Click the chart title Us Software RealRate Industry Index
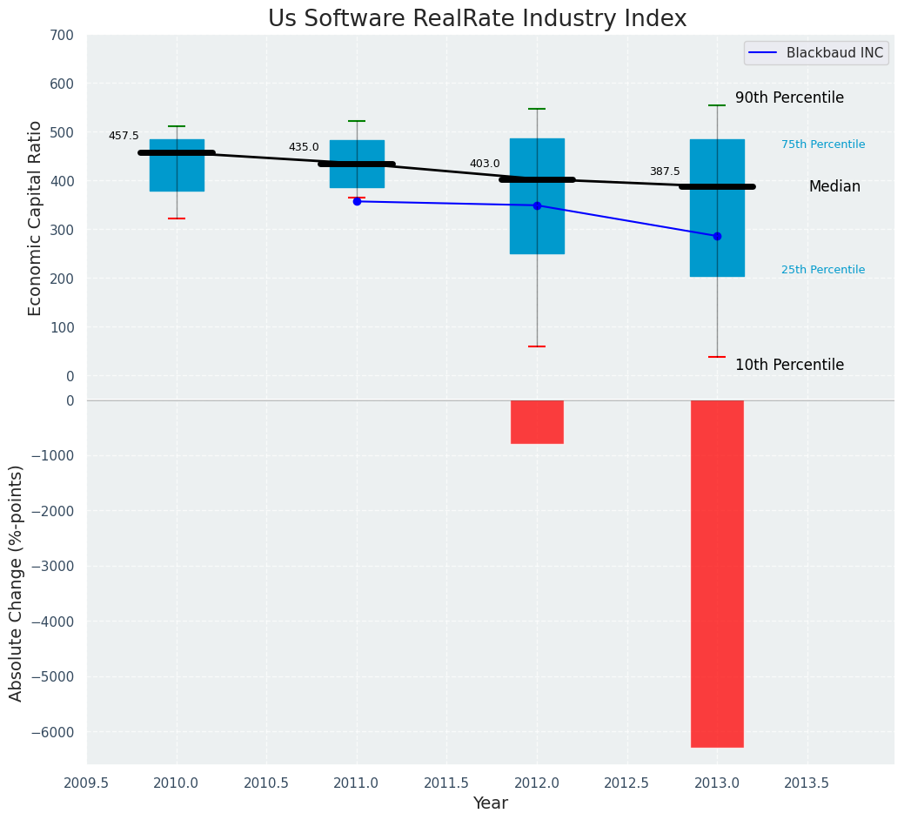coord(477,19)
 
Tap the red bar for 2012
coord(537,421)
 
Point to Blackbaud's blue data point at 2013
coord(717,236)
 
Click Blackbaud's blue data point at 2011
coord(357,201)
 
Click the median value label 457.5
coord(124,136)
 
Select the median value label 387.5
coord(665,171)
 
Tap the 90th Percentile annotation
coord(789,98)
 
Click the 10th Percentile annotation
coord(789,366)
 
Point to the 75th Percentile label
coord(823,145)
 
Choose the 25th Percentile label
coord(823,270)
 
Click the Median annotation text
coord(834,187)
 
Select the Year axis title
coord(491,803)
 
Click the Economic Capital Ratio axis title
coord(36,218)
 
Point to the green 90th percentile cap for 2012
coord(537,109)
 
